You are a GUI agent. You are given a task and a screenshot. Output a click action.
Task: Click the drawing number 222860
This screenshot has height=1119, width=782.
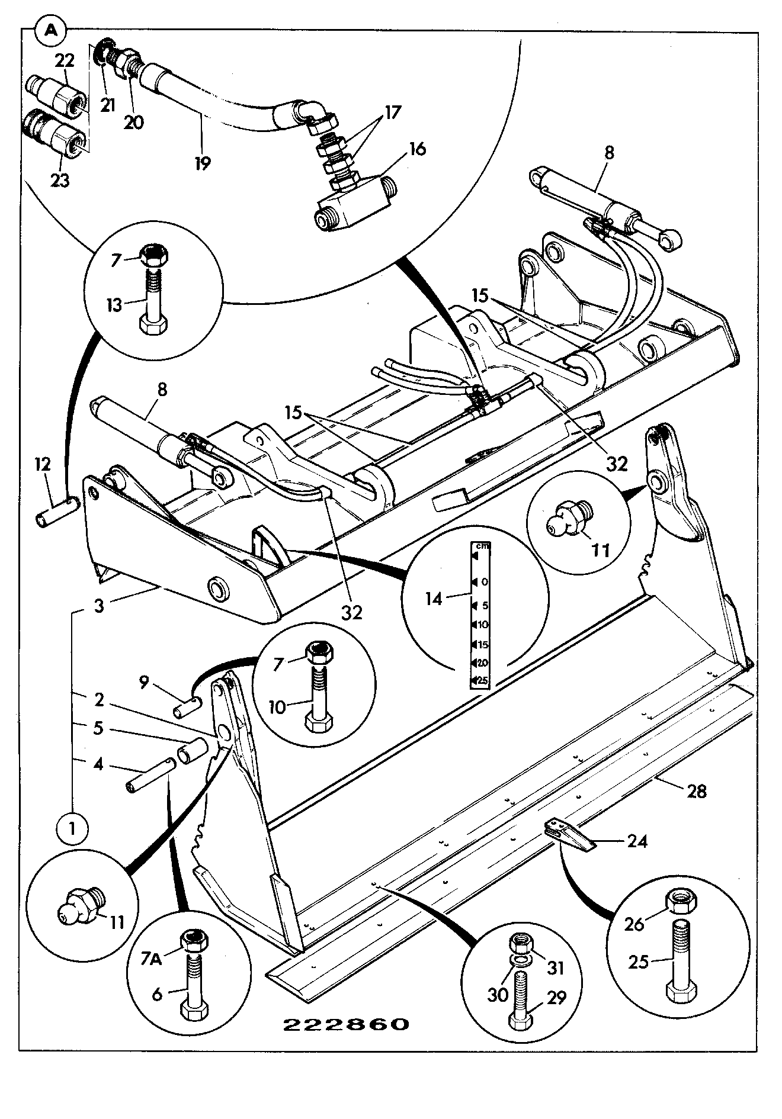[x=346, y=1024]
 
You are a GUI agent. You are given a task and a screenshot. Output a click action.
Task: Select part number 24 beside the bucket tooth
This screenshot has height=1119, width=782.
[x=637, y=841]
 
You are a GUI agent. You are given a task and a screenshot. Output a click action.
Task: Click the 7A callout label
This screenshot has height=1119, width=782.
[x=151, y=959]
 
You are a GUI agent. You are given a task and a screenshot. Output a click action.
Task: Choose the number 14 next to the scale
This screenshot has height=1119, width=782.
[x=434, y=599]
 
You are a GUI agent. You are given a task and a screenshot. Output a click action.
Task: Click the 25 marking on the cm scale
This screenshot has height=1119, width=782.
[x=482, y=681]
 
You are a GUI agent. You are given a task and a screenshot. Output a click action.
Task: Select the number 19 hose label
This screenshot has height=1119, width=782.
[x=203, y=162]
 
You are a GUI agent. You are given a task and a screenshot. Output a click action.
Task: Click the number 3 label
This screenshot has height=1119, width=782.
[x=99, y=606]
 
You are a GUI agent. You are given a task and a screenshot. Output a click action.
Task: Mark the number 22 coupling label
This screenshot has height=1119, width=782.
[x=65, y=60]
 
